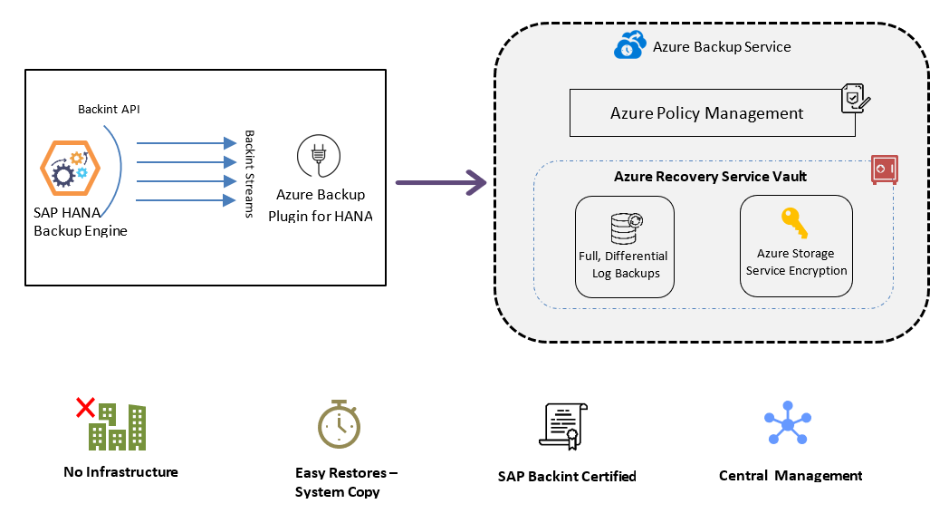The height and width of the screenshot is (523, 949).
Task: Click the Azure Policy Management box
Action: (x=706, y=113)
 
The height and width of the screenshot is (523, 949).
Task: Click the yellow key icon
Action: (x=794, y=222)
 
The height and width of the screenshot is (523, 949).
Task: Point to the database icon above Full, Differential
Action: (x=625, y=228)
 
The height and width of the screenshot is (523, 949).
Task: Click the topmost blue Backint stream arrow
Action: (x=180, y=142)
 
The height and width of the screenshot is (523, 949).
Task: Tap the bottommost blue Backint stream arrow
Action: (x=180, y=199)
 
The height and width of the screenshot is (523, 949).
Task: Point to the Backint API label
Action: (x=109, y=110)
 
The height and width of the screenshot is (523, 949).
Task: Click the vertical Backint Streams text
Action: (x=251, y=173)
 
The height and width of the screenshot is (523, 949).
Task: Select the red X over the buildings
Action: (x=85, y=408)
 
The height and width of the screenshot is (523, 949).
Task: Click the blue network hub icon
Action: (x=788, y=423)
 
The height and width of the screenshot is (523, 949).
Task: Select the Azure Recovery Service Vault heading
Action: (x=710, y=177)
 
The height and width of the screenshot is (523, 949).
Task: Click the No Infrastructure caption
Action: (x=120, y=472)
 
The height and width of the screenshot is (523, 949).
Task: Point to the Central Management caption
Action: (x=790, y=476)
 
